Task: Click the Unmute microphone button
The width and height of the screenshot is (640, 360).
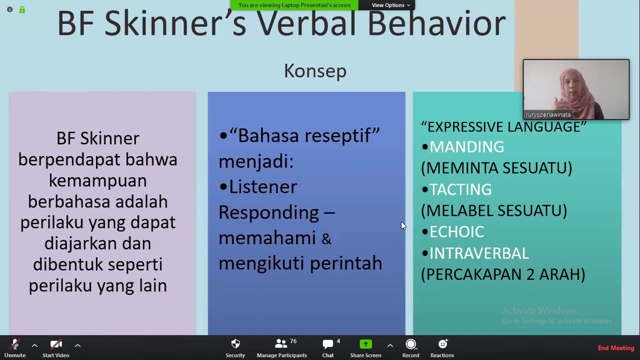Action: (x=15, y=348)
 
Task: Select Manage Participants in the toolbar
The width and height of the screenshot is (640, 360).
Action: (x=281, y=348)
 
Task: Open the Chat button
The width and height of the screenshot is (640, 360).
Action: (x=328, y=348)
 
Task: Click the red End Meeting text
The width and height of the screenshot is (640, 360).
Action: (x=615, y=348)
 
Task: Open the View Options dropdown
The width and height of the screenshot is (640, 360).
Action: (x=390, y=5)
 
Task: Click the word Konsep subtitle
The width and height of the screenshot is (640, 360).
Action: (x=315, y=71)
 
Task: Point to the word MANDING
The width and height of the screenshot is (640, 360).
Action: (x=466, y=147)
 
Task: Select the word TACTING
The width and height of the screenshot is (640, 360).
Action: (x=460, y=189)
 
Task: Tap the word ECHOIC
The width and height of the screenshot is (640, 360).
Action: (x=456, y=232)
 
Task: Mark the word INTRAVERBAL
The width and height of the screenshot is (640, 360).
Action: (x=479, y=253)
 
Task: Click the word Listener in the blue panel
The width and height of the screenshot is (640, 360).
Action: (x=263, y=187)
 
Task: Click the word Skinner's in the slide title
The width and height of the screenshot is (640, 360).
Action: (x=175, y=24)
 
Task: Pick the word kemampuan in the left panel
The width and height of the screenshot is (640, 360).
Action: (x=97, y=180)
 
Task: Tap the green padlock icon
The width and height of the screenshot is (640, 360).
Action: (x=22, y=9)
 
